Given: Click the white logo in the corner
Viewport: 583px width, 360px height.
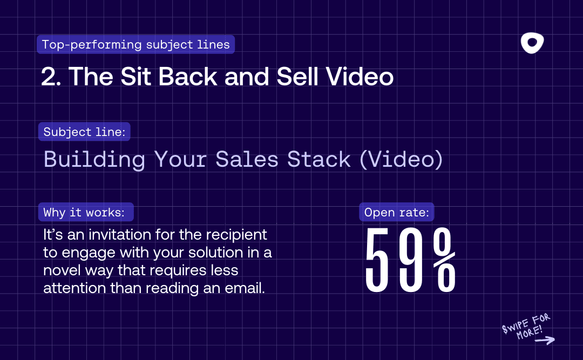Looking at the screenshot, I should click(x=532, y=43).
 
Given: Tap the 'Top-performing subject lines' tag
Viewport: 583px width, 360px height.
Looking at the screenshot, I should click(x=136, y=44).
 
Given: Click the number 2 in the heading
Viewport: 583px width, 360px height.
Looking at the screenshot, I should click(x=50, y=77).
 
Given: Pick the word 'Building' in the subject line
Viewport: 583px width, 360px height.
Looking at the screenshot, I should click(x=94, y=160).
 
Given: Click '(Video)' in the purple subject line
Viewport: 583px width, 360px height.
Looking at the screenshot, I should click(x=402, y=160).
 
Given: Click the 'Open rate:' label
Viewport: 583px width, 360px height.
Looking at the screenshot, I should click(x=397, y=213).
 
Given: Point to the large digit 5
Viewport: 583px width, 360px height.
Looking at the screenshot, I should click(x=379, y=261).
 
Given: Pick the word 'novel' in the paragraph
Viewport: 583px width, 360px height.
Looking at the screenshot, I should click(x=62, y=270).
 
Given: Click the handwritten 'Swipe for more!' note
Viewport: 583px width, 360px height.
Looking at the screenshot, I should click(x=526, y=325).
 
